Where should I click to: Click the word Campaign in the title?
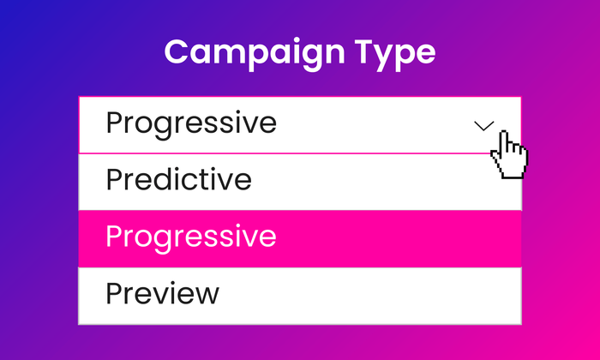click(255, 54)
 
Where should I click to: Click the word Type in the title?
click(396, 54)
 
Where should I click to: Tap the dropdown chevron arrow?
click(484, 126)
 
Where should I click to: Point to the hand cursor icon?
click(509, 154)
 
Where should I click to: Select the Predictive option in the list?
click(178, 179)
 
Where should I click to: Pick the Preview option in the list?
click(163, 293)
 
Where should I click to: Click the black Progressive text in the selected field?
click(191, 124)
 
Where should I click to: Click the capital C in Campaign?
click(179, 51)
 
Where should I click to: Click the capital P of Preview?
click(114, 293)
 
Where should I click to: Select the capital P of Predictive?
click(114, 179)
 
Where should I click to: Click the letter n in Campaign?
click(333, 55)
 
